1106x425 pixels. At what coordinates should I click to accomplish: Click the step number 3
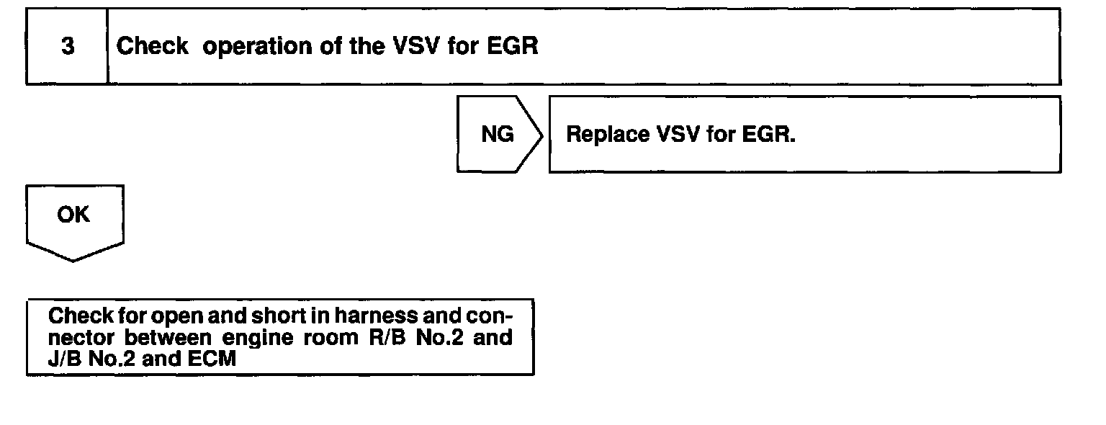click(x=67, y=47)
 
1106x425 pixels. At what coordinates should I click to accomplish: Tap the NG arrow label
click(x=497, y=135)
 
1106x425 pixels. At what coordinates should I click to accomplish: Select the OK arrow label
click(x=73, y=215)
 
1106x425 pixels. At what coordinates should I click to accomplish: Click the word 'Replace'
click(x=606, y=135)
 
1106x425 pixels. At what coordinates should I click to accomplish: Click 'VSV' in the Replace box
click(x=678, y=135)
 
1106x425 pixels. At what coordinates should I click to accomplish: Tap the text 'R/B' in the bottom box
click(x=378, y=338)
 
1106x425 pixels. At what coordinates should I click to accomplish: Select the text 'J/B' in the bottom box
click(x=66, y=358)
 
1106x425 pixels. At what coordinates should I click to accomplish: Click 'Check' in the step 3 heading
click(x=153, y=47)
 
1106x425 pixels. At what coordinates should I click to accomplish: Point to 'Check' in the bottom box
click(x=81, y=316)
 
